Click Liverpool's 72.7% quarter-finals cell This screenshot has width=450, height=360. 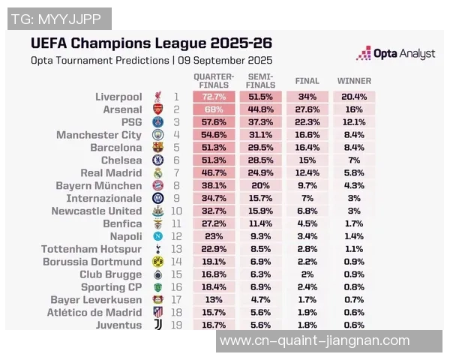214,97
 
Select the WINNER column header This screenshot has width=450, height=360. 354,81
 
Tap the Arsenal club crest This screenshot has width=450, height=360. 157,109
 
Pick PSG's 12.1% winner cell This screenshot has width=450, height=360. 354,122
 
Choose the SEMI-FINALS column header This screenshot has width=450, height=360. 259,81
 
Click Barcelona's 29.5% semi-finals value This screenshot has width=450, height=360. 259,148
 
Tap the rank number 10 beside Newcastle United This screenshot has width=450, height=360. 176,211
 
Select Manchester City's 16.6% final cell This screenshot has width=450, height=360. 307,135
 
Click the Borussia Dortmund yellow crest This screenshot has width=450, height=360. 157,262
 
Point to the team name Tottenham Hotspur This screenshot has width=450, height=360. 91,249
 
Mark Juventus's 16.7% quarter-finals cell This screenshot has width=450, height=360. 214,325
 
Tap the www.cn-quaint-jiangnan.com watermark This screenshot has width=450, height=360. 314,341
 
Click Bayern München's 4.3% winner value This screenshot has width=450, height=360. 354,185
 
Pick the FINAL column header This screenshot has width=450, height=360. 307,81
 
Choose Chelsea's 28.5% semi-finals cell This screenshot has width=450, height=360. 259,160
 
